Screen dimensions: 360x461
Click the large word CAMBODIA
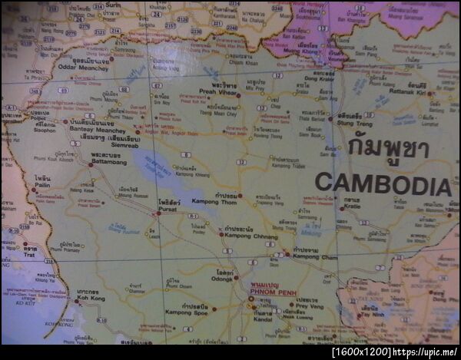pyautogui.click(x=383, y=184)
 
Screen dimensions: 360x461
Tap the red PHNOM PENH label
pyautogui.click(x=270, y=291)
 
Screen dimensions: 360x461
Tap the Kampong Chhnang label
pyautogui.click(x=251, y=236)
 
